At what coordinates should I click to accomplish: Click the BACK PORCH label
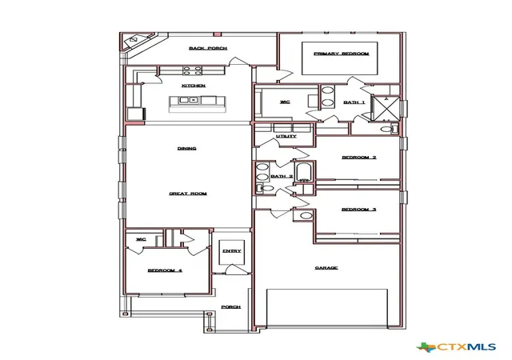coord(208,48)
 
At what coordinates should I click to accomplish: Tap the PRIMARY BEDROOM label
coord(342,54)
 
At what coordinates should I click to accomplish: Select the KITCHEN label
coord(194,86)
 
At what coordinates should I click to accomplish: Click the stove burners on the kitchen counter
coord(192,70)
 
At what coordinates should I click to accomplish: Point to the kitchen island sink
coord(189,100)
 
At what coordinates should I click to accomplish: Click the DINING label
coord(186,148)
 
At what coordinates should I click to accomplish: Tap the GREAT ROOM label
coord(188,194)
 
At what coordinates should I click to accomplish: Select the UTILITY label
coord(286,136)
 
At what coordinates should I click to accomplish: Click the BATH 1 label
coord(354,102)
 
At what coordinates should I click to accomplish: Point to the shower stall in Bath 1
coord(386,108)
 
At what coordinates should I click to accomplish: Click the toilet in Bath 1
coord(390,129)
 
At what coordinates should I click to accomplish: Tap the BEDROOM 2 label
coord(359,158)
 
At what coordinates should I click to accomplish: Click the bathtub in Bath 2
coord(304,172)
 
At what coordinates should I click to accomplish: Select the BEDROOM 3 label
coord(359,210)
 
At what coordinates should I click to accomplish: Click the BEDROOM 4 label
coord(165,270)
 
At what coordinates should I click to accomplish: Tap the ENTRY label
coord(232,251)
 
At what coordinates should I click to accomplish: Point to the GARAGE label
coord(326,268)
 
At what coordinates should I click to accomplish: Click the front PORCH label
coord(231,307)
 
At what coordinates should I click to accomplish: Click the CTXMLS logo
coord(457,347)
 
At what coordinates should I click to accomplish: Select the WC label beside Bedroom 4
coord(141,239)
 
